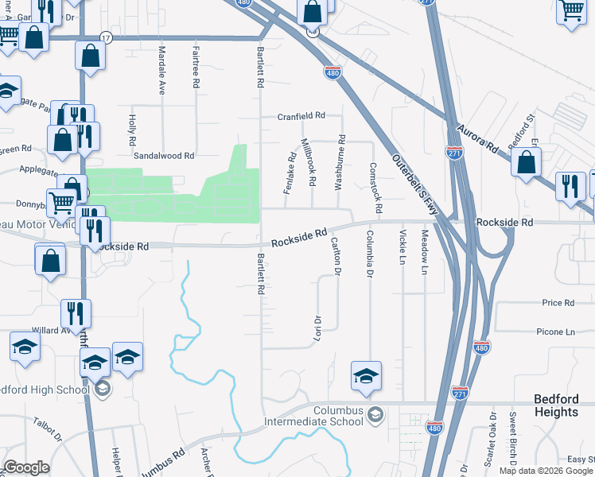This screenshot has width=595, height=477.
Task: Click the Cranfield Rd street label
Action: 301,116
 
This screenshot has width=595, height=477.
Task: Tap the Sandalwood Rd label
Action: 164,157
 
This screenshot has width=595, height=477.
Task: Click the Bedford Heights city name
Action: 556,405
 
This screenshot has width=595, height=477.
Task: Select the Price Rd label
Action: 558,303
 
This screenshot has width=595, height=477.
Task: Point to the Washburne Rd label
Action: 340,161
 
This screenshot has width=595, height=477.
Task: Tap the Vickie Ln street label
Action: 402,246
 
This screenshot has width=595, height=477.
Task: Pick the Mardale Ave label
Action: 161,70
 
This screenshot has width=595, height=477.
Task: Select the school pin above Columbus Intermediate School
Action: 366,376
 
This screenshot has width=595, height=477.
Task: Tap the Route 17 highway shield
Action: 106,37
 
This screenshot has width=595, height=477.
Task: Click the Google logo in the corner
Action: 26,468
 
